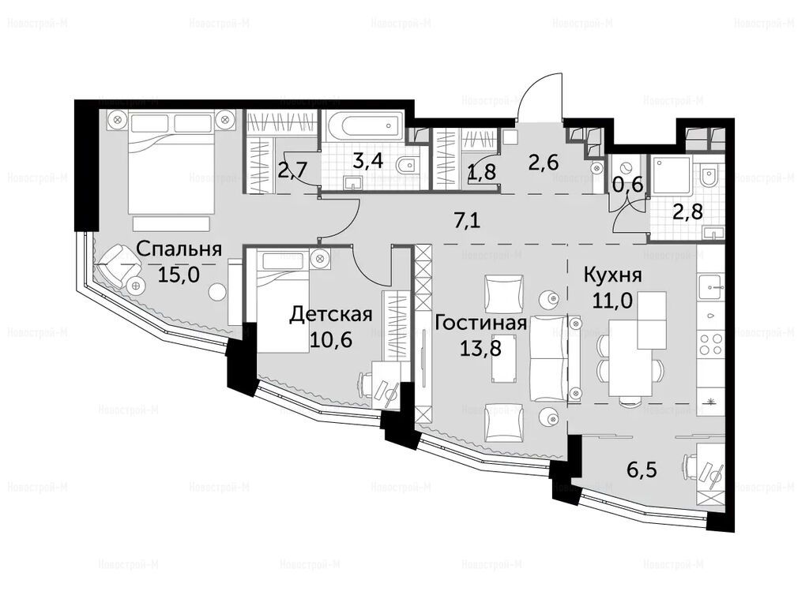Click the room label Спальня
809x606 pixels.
(179, 249)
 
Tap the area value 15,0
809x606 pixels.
(179, 275)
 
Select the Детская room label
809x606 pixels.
(331, 314)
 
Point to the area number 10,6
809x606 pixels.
(331, 339)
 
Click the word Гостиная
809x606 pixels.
(481, 323)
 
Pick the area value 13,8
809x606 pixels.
(480, 348)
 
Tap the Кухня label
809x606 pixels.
(613, 275)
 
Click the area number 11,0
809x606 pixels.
(612, 299)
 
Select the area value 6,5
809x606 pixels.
(642, 470)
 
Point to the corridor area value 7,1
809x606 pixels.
(467, 221)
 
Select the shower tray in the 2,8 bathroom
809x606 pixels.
(671, 176)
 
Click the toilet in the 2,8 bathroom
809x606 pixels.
(709, 176)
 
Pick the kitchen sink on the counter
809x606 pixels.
(712, 287)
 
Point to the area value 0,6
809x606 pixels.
(628, 184)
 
